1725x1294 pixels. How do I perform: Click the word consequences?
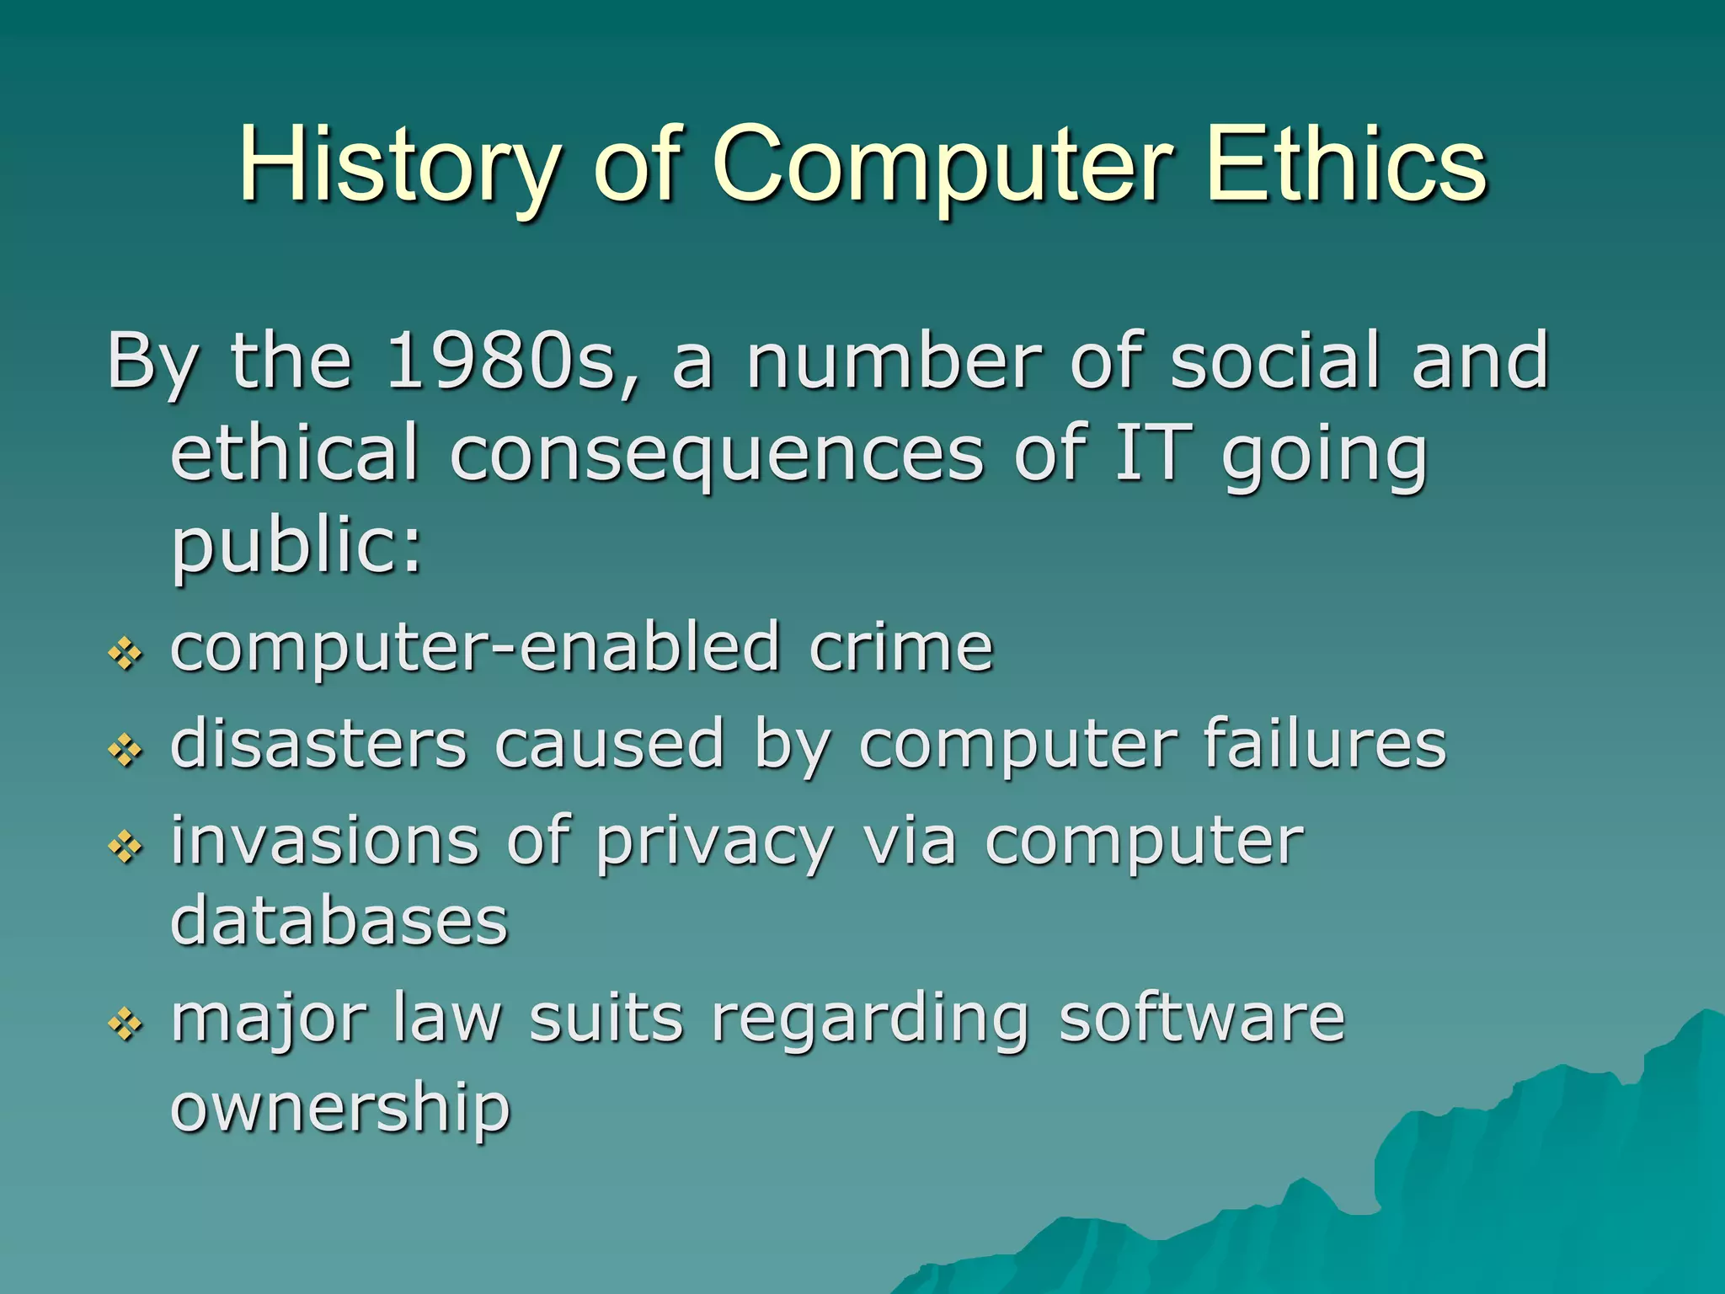click(716, 455)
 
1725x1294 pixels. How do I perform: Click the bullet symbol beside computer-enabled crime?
click(126, 653)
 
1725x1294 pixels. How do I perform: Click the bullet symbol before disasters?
click(126, 749)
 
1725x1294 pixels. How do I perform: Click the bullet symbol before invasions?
click(126, 847)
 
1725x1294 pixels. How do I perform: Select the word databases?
click(339, 920)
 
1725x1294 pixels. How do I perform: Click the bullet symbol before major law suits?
click(126, 1024)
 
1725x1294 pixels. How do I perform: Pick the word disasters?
click(318, 744)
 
